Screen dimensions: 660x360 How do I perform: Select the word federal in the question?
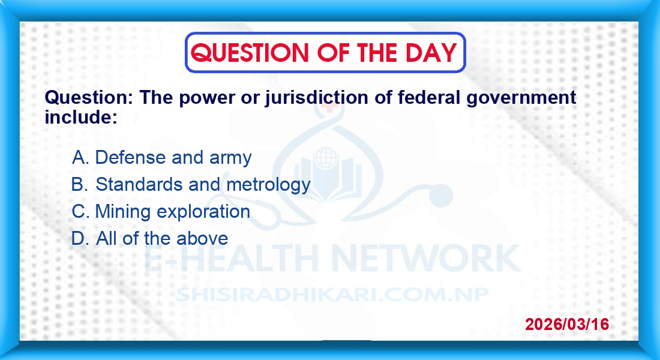coord(430,97)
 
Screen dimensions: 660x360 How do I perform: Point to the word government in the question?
coord(521,98)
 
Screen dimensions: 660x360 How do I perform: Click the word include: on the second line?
coord(81,117)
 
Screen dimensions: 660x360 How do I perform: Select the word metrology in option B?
coord(269,185)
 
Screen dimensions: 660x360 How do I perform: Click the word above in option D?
coord(202,239)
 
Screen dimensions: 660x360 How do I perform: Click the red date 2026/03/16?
coord(567,324)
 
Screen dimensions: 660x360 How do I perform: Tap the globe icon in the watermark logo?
coord(326,158)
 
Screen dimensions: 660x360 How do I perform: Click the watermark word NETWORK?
coord(426,258)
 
